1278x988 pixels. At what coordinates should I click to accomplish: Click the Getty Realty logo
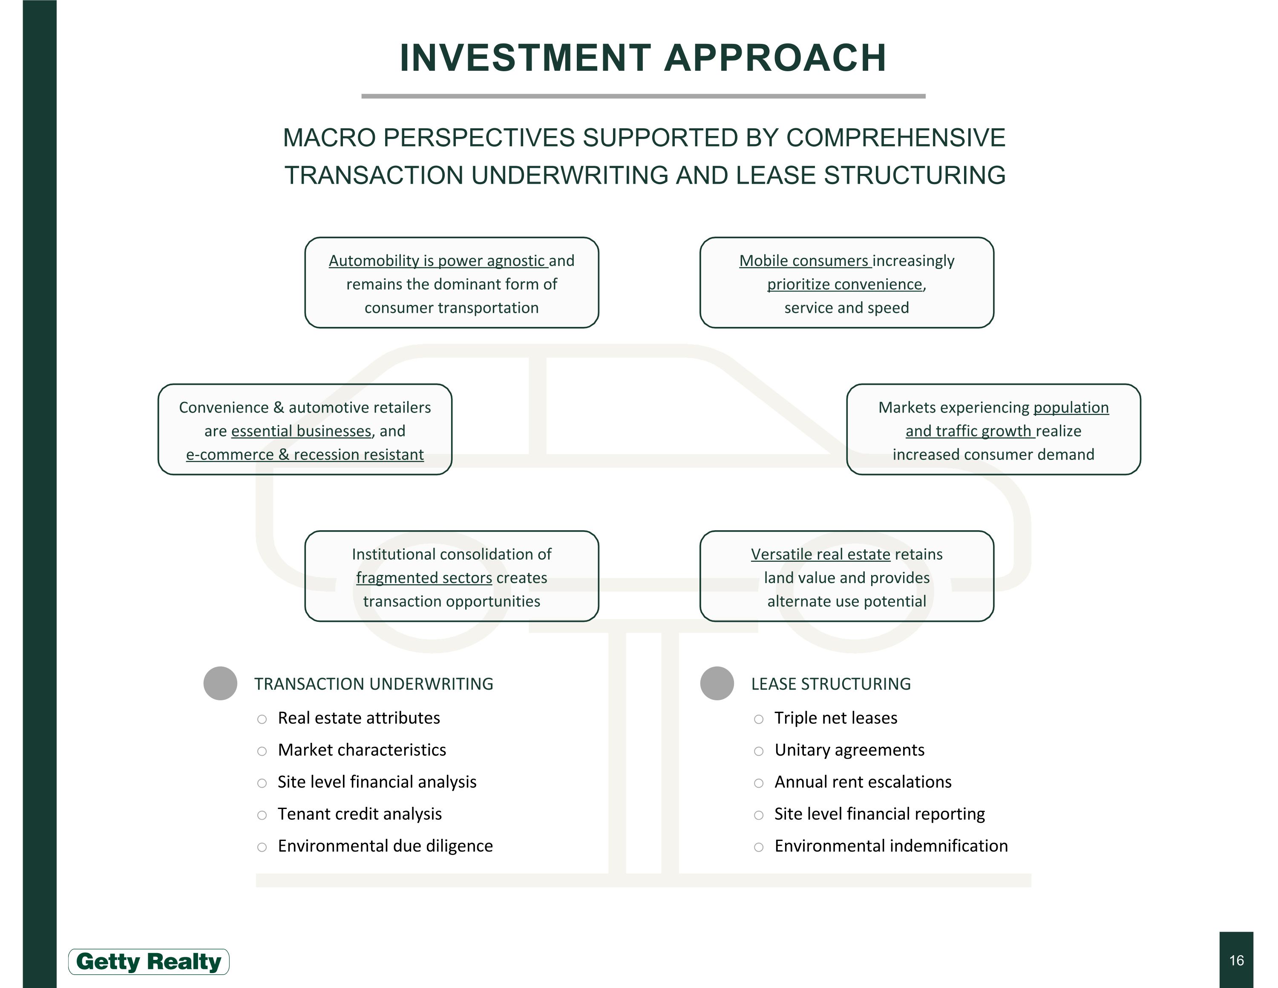(149, 962)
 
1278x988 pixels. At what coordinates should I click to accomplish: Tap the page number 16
(1236, 960)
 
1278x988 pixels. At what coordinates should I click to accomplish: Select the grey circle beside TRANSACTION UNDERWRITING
(220, 683)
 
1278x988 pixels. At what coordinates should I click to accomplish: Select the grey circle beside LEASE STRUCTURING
(717, 683)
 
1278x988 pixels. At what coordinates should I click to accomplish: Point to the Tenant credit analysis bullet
(359, 814)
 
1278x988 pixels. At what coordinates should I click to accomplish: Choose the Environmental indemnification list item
(891, 846)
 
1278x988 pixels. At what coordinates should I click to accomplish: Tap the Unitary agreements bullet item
(849, 750)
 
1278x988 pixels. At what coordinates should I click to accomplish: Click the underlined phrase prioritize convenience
(844, 284)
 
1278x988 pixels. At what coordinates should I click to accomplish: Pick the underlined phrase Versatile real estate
(820, 554)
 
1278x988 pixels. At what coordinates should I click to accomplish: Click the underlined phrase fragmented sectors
(424, 578)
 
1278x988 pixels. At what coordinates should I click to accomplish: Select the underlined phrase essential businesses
(301, 431)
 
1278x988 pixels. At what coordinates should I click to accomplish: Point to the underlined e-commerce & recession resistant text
(305, 455)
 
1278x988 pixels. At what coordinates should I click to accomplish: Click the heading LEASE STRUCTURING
(831, 684)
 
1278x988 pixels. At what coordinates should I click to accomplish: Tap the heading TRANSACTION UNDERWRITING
(373, 684)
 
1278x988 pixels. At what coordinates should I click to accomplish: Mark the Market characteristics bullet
(362, 750)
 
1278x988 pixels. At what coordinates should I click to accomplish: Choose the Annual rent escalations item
(863, 783)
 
